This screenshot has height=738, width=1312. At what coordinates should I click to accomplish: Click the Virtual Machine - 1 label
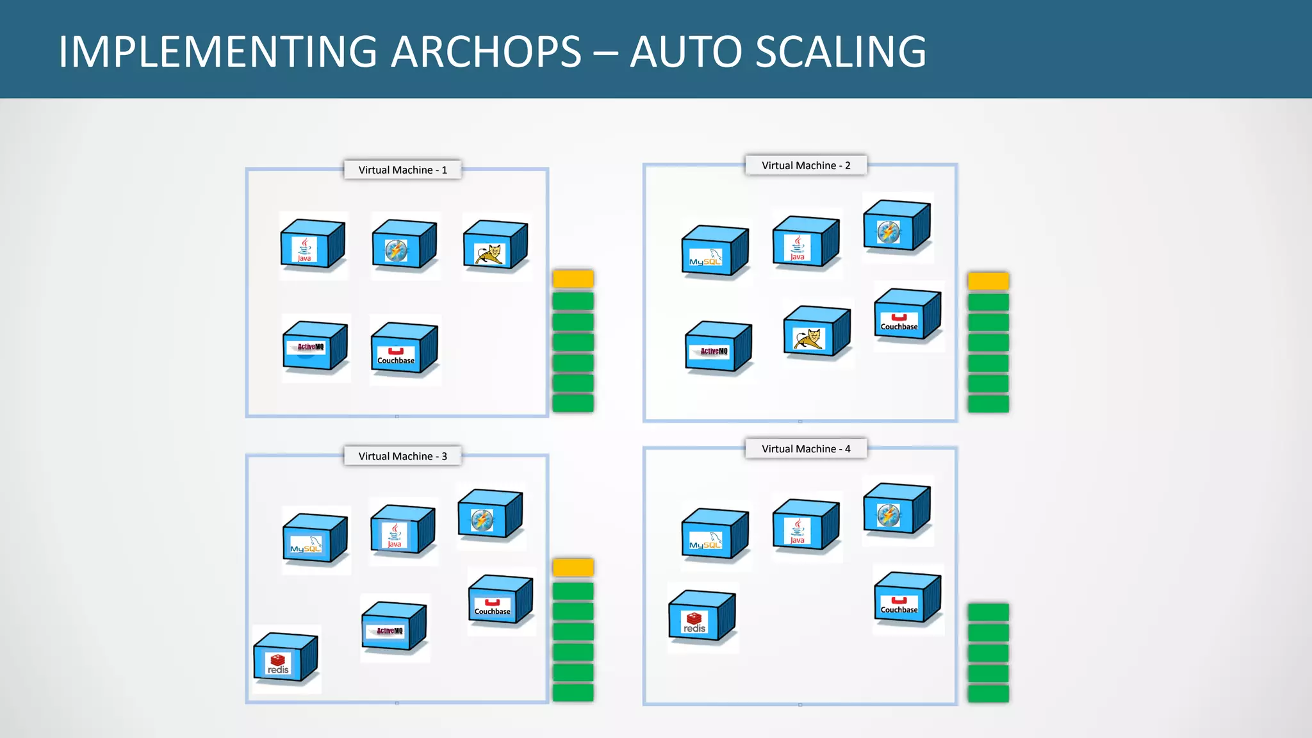point(402,170)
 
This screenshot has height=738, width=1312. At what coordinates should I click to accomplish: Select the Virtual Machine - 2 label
point(806,165)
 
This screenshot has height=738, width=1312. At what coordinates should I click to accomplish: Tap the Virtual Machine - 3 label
point(402,456)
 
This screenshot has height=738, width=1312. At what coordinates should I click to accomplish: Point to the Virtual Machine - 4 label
point(806,449)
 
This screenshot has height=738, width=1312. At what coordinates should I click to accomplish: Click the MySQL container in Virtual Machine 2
point(714,251)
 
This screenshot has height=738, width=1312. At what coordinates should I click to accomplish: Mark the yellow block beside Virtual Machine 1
point(573,279)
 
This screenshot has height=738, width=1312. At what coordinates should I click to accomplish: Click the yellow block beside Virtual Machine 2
point(988,281)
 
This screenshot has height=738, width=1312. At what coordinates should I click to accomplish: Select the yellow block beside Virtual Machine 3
point(573,567)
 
